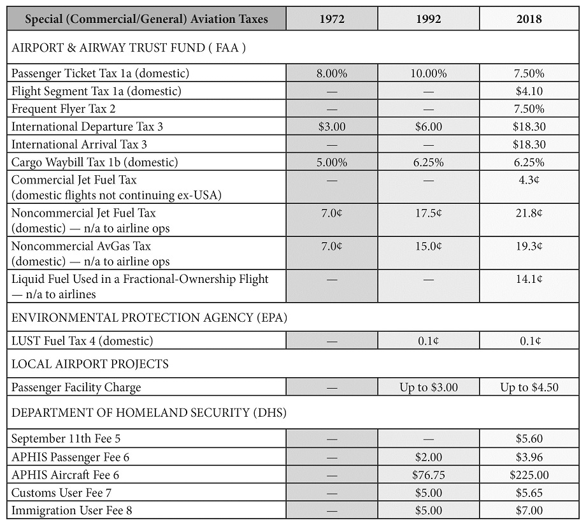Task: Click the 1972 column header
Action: [332, 18]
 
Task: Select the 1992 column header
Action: [428, 18]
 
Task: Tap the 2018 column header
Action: [529, 18]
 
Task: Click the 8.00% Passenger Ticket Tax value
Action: [332, 73]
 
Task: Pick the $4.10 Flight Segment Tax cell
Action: [529, 91]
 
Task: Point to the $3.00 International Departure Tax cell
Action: [332, 126]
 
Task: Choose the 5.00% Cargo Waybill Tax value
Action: [332, 162]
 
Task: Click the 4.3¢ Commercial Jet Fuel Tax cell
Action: [529, 180]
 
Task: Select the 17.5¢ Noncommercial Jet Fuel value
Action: [428, 213]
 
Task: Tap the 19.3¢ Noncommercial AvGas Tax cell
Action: [529, 246]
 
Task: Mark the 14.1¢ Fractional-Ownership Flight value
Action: [529, 279]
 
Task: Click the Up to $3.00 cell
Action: [428, 387]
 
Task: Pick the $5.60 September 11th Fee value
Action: [529, 438]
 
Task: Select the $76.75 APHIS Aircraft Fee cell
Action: [428, 475]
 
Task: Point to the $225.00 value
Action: [529, 475]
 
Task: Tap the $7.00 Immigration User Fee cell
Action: [529, 510]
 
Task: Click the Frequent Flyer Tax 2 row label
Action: [64, 109]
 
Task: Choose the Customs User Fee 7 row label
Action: [61, 493]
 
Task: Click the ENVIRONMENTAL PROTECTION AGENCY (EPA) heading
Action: [149, 317]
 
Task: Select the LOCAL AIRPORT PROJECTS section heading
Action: [90, 364]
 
